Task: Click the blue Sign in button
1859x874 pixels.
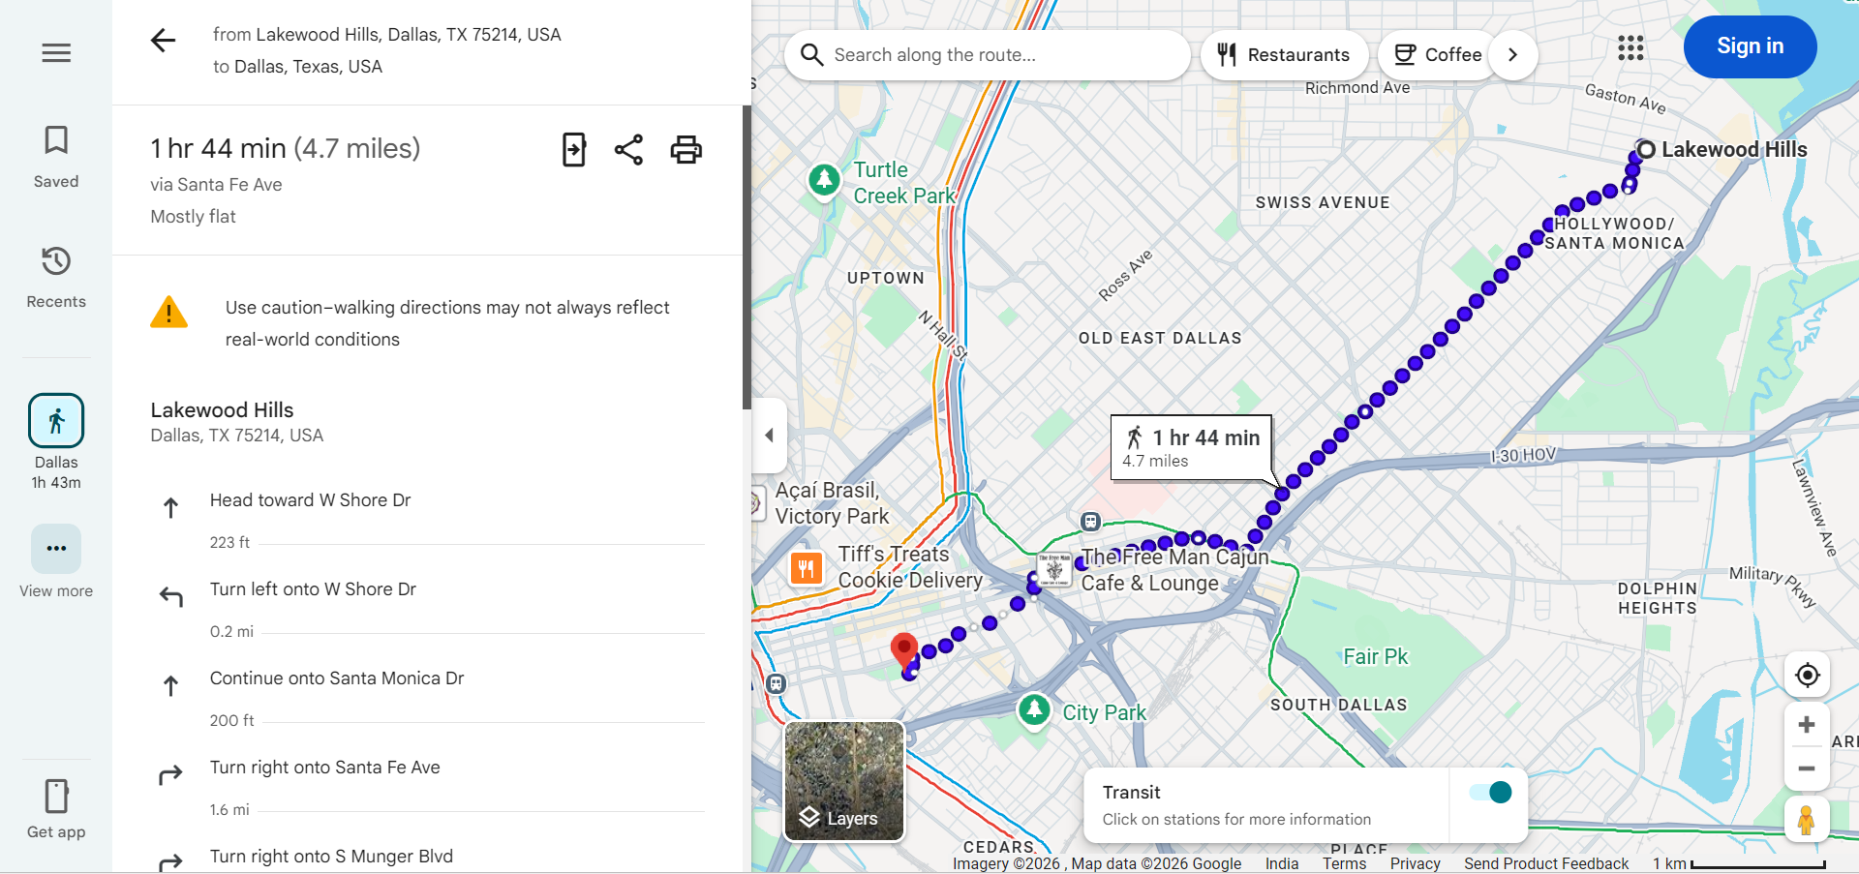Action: pos(1750,46)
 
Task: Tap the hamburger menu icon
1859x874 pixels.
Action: pos(56,53)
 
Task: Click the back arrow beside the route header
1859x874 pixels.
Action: pos(164,41)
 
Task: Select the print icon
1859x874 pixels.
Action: pos(686,150)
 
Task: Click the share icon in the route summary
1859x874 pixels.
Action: pos(628,150)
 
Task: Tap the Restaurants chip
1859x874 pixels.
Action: pos(1284,55)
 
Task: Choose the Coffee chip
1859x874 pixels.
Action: pos(1438,55)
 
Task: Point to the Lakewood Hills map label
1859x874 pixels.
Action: pos(1733,150)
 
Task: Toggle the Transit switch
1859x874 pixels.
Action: pos(1490,793)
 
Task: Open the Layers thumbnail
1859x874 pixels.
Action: pos(844,781)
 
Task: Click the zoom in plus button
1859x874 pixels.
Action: pos(1806,725)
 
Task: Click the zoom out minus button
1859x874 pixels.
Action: pos(1806,769)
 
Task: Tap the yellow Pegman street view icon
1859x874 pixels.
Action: pos(1806,821)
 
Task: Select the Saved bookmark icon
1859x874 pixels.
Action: pos(56,141)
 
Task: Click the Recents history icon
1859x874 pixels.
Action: pos(56,261)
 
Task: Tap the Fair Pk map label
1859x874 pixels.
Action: pos(1375,657)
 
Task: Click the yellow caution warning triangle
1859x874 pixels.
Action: pos(169,313)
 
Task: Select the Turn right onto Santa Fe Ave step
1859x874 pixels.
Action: pos(325,768)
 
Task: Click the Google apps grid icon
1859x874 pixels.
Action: pos(1630,47)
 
